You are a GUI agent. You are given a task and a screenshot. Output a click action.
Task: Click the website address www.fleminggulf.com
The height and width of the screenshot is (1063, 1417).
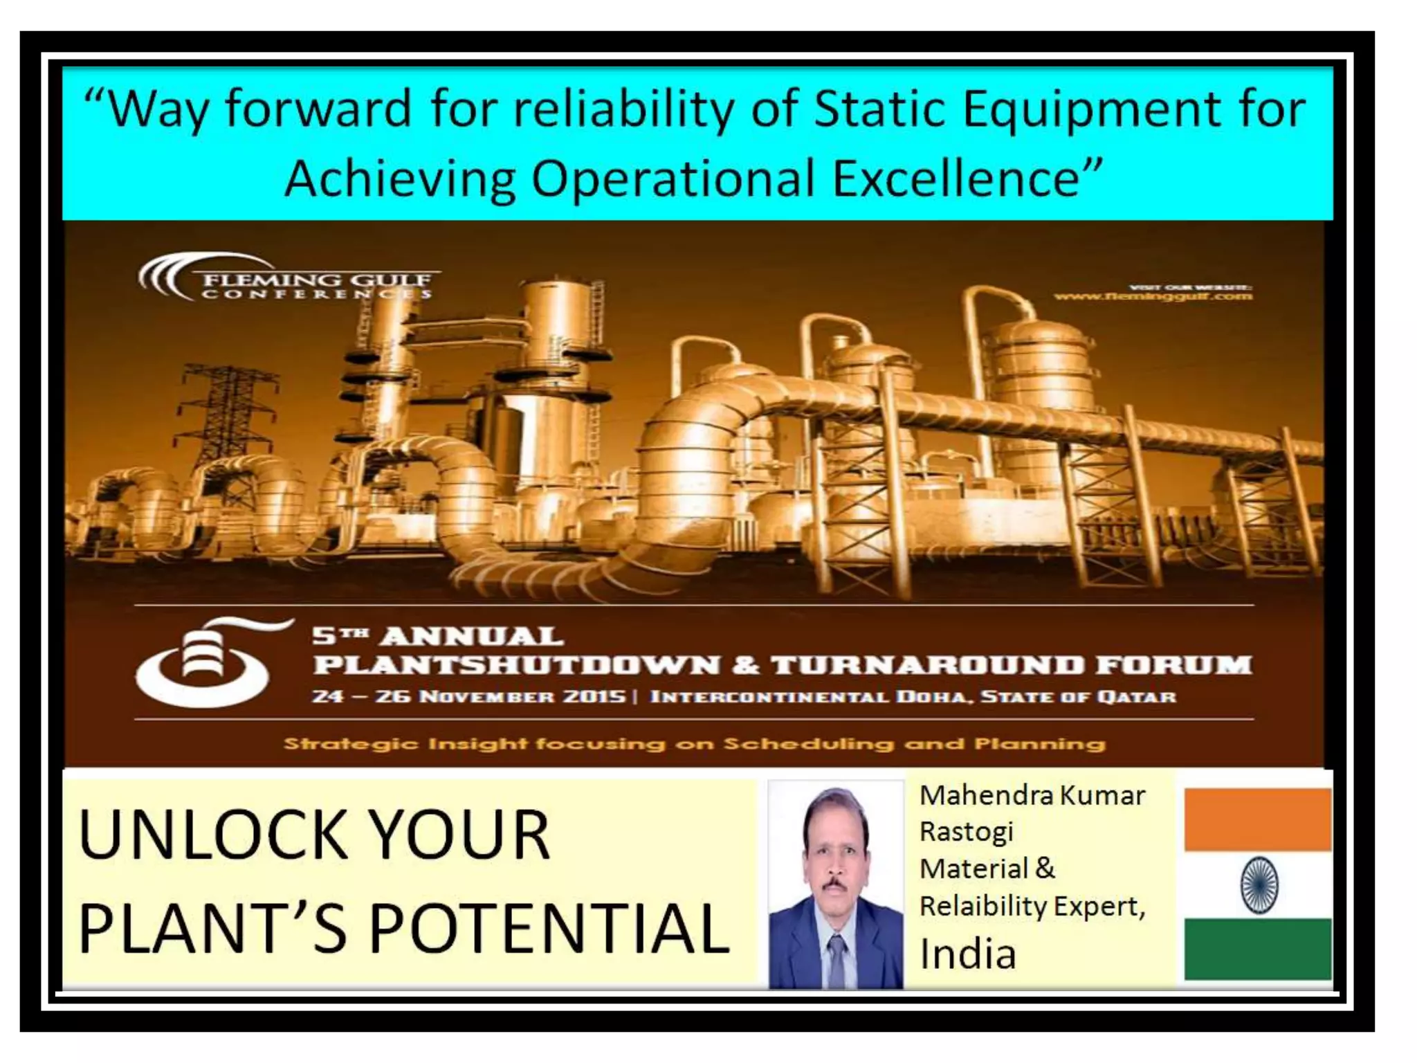point(1153,296)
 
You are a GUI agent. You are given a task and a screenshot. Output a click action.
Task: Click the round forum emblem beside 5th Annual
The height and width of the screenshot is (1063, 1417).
point(202,663)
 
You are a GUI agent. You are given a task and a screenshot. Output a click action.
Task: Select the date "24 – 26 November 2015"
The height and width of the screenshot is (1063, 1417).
point(468,696)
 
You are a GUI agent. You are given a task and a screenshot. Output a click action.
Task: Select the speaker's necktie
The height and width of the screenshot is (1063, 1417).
point(837,958)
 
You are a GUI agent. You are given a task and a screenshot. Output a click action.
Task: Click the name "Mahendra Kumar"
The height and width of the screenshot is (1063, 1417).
point(1032,796)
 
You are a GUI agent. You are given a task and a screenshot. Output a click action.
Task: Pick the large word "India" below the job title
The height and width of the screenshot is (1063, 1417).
point(967,954)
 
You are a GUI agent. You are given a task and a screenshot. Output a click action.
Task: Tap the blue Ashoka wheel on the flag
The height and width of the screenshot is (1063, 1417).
point(1258,885)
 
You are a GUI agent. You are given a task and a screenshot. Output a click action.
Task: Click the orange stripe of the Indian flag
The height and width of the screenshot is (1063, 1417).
point(1258,819)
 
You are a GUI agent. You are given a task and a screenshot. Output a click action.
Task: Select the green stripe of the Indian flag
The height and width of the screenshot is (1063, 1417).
point(1258,948)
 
